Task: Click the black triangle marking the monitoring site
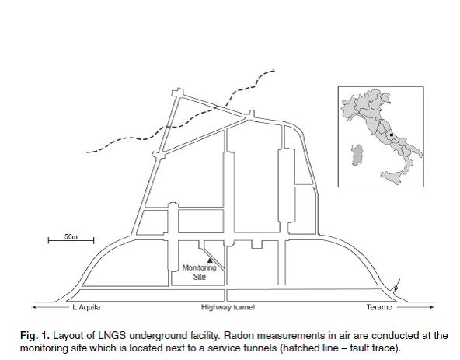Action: (x=210, y=260)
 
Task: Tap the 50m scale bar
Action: (x=71, y=241)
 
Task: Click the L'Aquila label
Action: (x=86, y=307)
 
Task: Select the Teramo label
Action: (x=379, y=307)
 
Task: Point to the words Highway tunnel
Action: (x=228, y=307)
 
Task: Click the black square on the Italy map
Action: (x=392, y=135)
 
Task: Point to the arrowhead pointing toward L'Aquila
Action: (x=34, y=307)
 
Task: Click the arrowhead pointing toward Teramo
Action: (x=432, y=307)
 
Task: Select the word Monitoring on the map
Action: (x=199, y=267)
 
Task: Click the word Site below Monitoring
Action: (x=200, y=277)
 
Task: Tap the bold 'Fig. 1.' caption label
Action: (x=35, y=336)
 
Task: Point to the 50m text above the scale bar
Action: (x=71, y=236)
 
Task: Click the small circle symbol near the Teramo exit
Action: (x=396, y=288)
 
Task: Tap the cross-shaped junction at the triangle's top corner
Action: (x=178, y=93)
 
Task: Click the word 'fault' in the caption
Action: (x=357, y=348)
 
